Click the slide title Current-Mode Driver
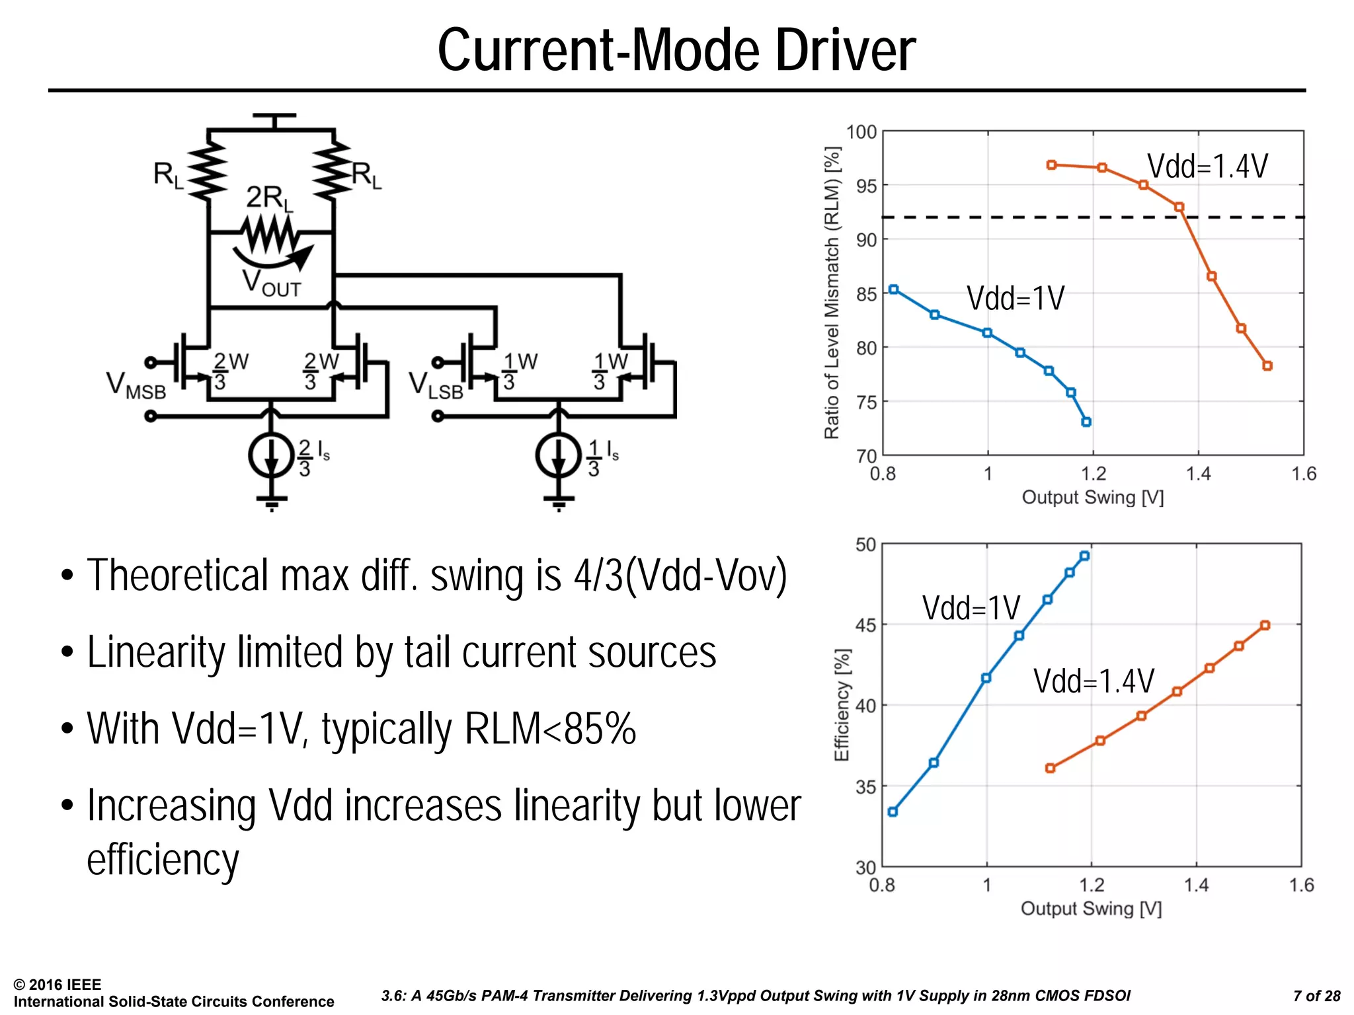(676, 50)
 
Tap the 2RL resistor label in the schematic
(268, 198)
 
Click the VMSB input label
(136, 386)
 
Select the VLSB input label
(436, 386)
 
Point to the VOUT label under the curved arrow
(271, 283)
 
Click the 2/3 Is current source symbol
(271, 455)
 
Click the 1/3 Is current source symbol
(559, 455)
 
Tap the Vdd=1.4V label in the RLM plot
(1207, 166)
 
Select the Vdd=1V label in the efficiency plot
(971, 608)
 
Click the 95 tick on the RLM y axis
(866, 186)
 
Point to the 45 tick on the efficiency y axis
(865, 625)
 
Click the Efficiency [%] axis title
(841, 704)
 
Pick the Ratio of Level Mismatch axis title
(832, 293)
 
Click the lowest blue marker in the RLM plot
(1086, 422)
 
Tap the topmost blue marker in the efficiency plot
(1084, 556)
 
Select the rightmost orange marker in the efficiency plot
(1265, 625)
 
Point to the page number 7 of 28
(1316, 996)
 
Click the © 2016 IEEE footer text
(58, 985)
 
